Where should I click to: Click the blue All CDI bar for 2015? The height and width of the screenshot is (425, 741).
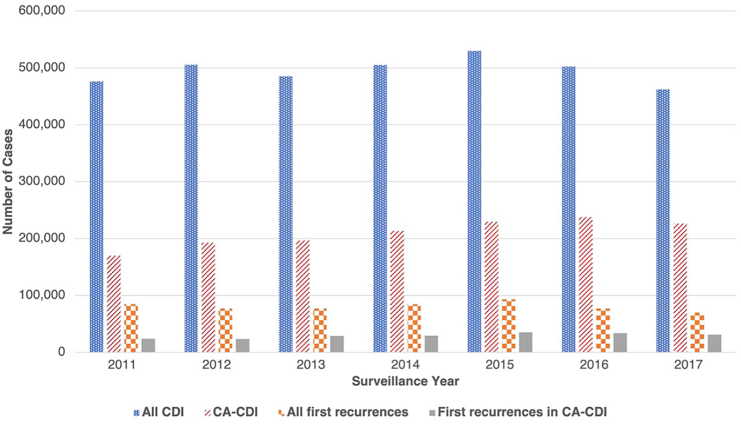point(474,202)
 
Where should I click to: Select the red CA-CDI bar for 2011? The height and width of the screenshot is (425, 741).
point(114,304)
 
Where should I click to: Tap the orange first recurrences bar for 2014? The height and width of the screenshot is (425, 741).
point(414,328)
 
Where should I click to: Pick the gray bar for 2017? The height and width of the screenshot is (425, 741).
point(715,343)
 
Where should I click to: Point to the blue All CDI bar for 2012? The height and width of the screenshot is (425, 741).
point(191,208)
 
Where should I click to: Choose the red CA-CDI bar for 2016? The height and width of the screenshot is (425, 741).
point(586,285)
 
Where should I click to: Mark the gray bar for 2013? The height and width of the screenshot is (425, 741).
point(337,344)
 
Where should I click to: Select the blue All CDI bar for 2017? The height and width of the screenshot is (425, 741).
point(663,221)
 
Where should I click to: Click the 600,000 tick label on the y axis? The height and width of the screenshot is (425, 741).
point(42,11)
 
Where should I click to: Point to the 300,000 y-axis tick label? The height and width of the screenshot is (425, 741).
point(42,181)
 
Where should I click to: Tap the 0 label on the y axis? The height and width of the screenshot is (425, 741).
point(61,352)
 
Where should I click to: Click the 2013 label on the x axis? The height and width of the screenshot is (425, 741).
point(311,365)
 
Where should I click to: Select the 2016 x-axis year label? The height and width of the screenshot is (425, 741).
point(594,365)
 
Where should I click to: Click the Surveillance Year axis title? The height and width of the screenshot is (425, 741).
point(405,381)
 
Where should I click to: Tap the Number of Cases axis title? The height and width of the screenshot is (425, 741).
point(8,182)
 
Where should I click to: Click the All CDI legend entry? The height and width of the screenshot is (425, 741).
point(159,412)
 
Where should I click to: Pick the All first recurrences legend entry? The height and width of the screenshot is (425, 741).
point(344,412)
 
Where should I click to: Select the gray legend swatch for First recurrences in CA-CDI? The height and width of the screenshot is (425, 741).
point(432,413)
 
